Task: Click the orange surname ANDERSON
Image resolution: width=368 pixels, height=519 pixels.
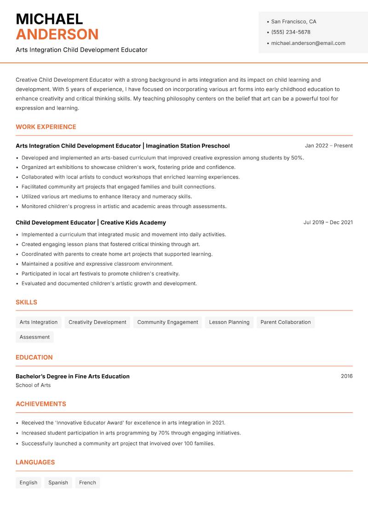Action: [57, 34]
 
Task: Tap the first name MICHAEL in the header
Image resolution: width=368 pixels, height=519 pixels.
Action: [49, 19]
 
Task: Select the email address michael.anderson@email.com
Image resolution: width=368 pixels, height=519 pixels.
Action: [308, 43]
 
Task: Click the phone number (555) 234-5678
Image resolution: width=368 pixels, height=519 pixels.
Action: [290, 32]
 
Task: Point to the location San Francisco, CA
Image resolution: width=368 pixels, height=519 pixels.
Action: [293, 22]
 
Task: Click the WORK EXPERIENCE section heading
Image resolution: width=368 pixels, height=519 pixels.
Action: [46, 127]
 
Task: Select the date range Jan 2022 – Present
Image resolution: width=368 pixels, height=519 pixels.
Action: [328, 146]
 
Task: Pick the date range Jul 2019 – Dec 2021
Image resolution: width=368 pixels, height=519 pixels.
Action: [328, 222]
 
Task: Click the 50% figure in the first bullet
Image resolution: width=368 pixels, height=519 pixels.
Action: [297, 158]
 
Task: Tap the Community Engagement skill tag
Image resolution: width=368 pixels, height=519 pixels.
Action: [167, 322]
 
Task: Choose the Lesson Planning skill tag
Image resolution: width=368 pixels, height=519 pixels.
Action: [229, 322]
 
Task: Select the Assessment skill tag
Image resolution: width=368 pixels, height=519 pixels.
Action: [34, 337]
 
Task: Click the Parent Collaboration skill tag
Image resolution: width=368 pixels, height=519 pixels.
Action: [285, 322]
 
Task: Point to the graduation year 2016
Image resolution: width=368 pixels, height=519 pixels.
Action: [346, 376]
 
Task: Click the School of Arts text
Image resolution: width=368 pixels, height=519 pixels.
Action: [33, 385]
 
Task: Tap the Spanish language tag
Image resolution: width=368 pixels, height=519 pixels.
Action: [58, 482]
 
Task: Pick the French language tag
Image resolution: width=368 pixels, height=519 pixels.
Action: [87, 482]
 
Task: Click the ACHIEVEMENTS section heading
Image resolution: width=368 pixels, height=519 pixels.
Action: [41, 404]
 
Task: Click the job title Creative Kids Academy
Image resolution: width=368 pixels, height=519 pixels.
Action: [133, 222]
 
